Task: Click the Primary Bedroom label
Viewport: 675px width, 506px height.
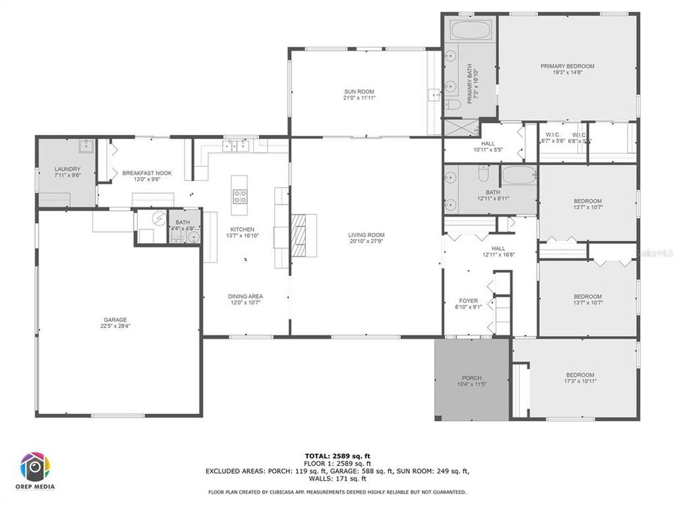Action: (567, 66)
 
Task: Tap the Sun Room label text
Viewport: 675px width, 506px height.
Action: (359, 91)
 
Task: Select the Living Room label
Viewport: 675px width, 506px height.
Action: (366, 235)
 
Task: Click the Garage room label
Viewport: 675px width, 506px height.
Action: (115, 320)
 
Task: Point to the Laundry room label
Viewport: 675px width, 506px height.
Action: (67, 169)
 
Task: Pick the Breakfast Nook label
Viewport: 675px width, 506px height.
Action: (147, 173)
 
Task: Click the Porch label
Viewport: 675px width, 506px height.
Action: (471, 378)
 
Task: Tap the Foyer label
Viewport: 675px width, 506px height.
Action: (468, 301)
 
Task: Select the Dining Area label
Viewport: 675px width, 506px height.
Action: (245, 297)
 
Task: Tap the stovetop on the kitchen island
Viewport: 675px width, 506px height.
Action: (240, 197)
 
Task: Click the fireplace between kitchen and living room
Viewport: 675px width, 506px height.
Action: (300, 235)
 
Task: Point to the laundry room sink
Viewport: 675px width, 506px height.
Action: (86, 147)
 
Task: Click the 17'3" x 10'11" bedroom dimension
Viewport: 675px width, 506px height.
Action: (580, 382)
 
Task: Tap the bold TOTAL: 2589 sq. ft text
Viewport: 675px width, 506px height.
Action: (337, 456)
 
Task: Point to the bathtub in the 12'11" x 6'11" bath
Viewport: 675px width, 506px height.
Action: (519, 175)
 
